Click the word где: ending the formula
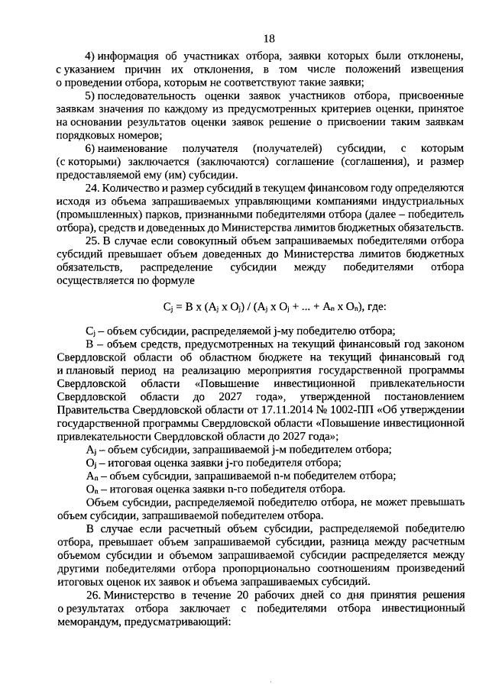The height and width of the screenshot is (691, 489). (375, 307)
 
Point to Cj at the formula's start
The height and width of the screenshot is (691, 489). (168, 307)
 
